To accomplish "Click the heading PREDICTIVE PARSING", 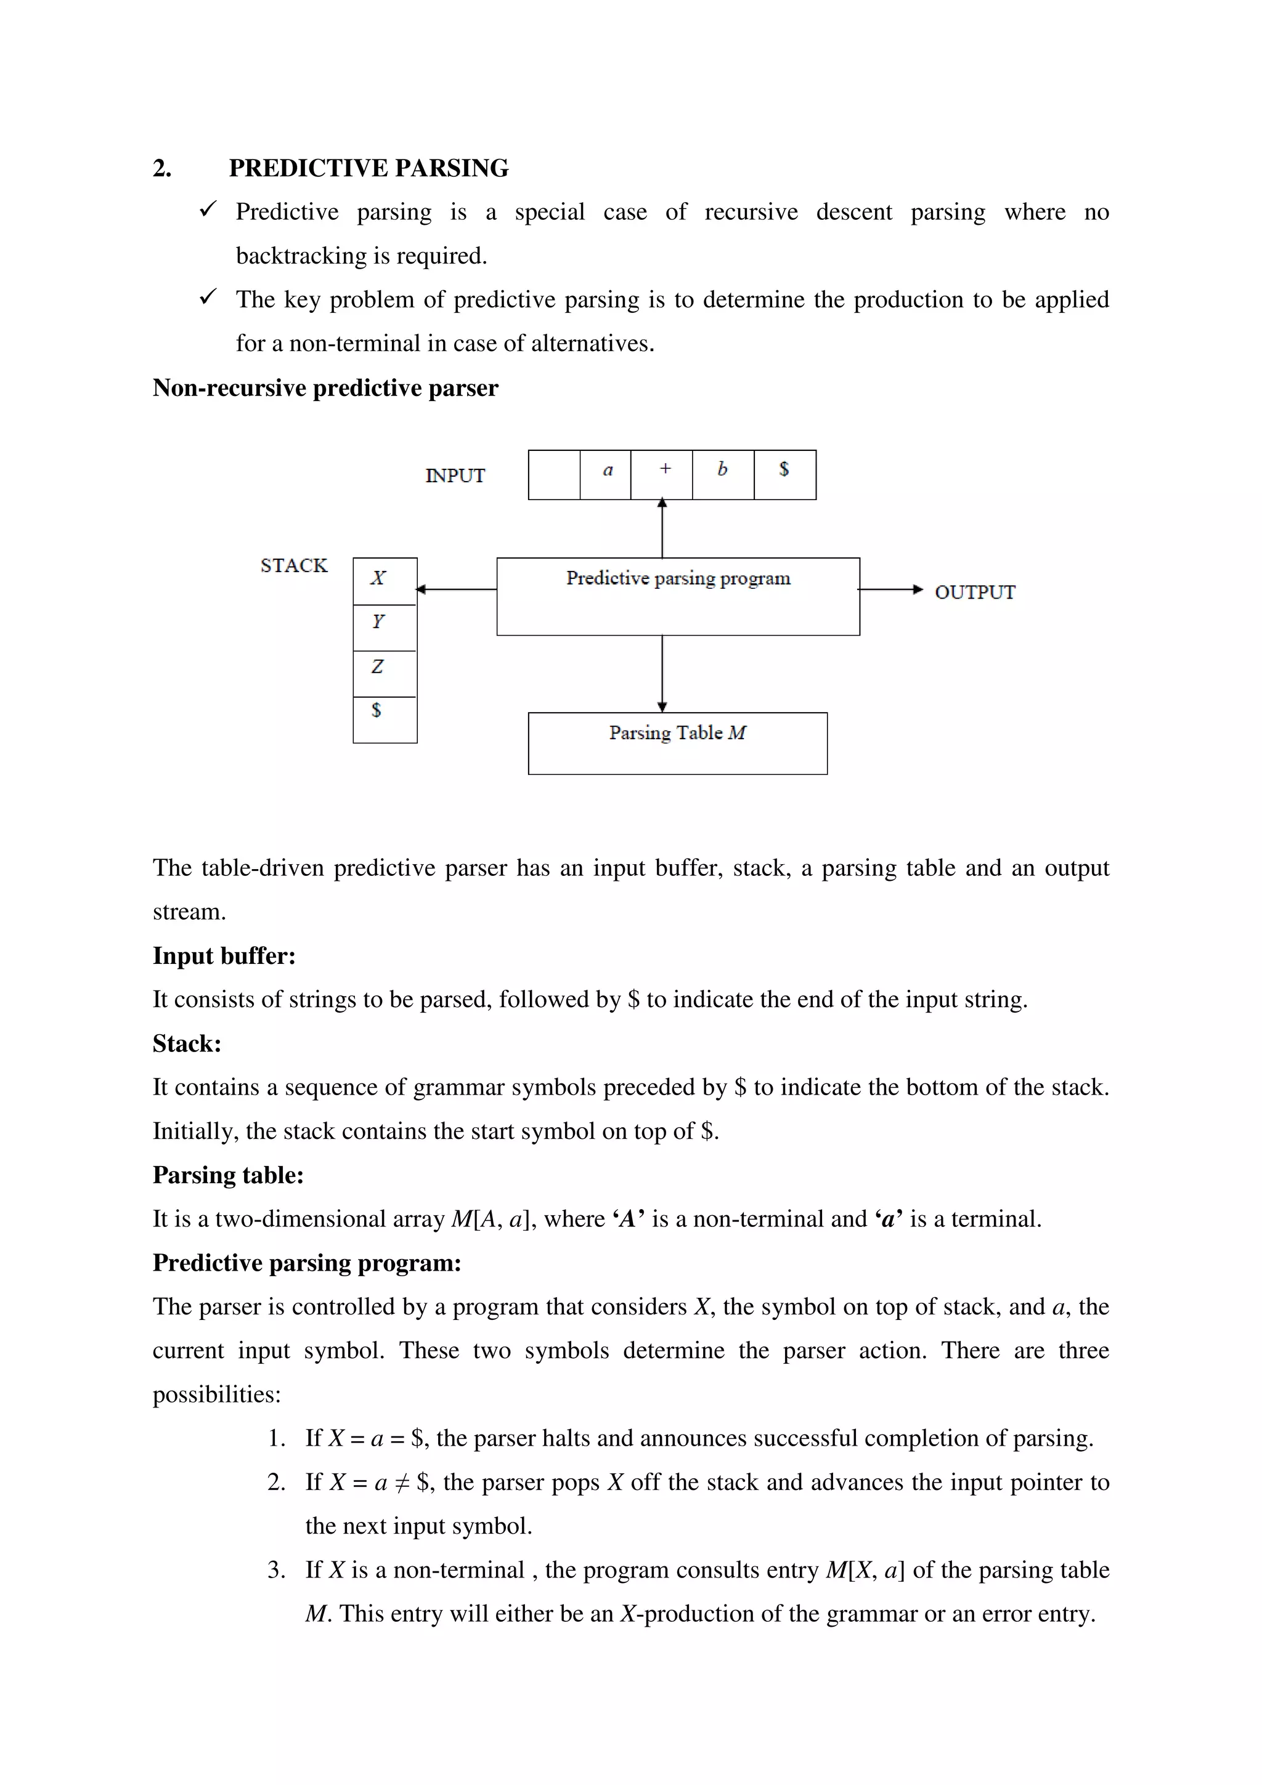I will coord(368,168).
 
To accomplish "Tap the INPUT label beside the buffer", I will coord(455,475).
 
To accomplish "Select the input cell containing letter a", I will coord(606,474).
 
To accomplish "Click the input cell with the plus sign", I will coord(662,474).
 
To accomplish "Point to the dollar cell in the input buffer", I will coord(784,474).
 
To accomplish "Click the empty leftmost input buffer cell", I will coord(553,474).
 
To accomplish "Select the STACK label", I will coord(294,565).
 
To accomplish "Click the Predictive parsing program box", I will coord(678,596).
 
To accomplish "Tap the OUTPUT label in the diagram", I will coord(974,592).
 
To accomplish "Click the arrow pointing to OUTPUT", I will coord(891,589).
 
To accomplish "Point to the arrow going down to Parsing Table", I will coord(662,673).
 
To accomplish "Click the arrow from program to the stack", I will coord(457,589).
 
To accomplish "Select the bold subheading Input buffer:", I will coord(224,955).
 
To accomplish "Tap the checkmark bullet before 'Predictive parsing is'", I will coord(208,209).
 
